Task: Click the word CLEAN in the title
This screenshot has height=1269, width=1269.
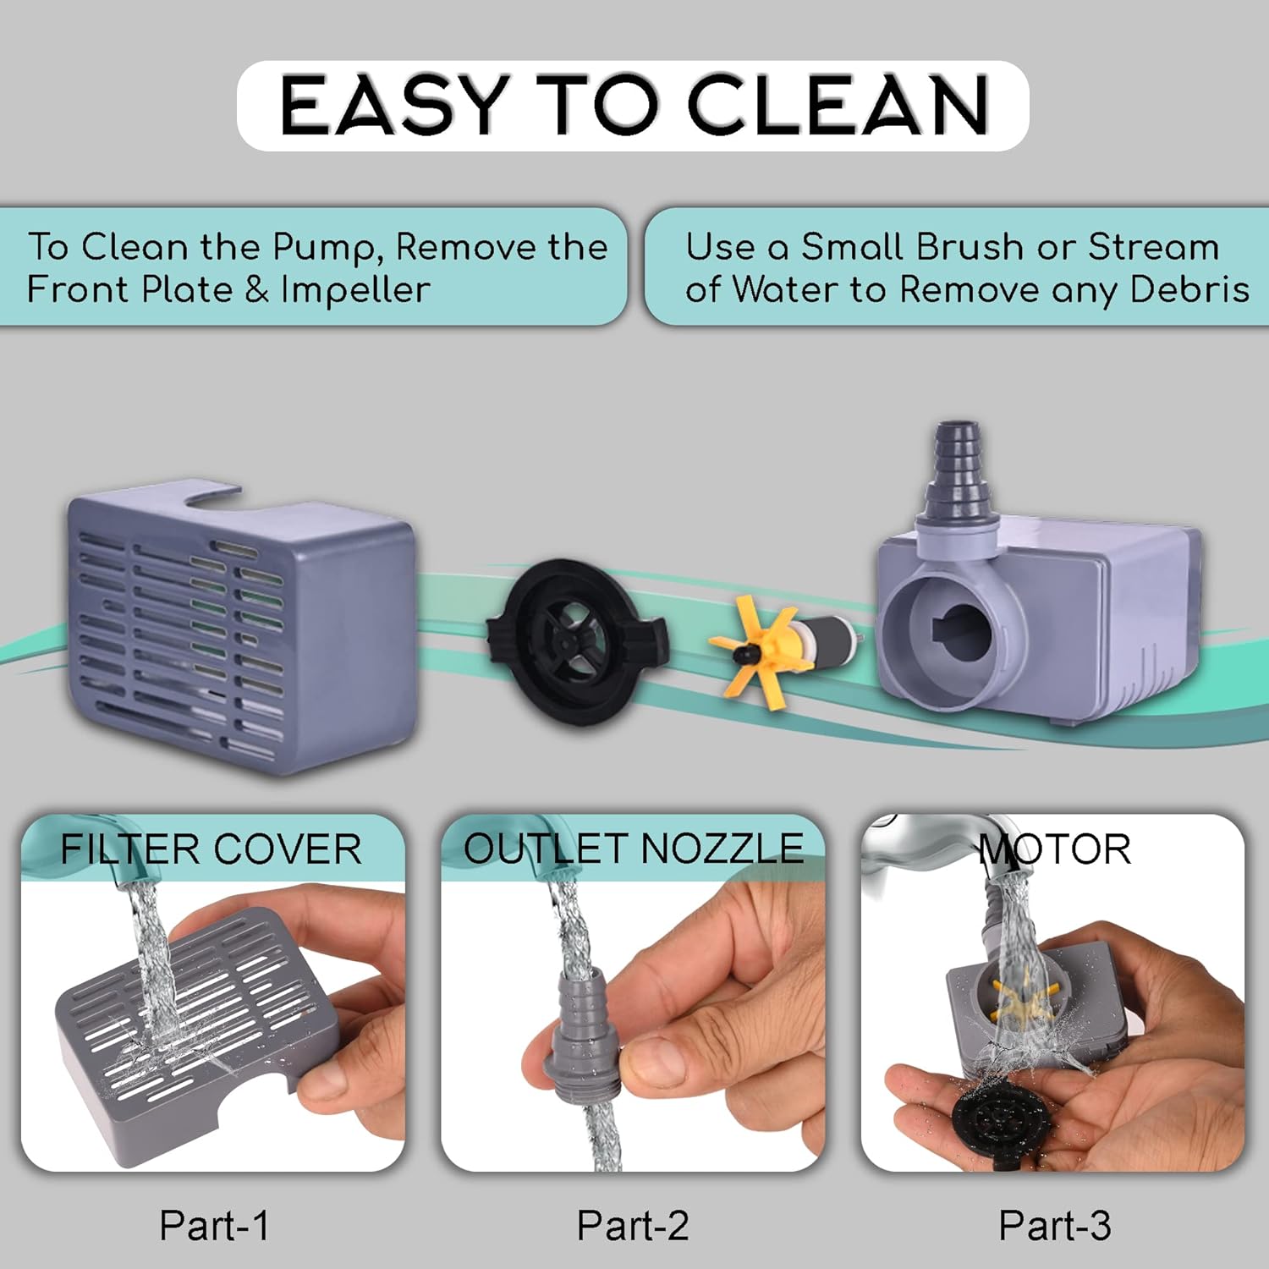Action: coord(838,105)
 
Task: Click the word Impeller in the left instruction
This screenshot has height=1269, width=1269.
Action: coord(355,290)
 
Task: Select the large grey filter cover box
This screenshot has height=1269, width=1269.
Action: coord(241,626)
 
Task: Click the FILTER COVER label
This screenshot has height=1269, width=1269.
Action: coord(211,849)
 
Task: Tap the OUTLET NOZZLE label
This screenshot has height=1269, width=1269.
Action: coord(634,849)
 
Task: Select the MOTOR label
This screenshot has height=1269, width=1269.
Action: coord(1054,849)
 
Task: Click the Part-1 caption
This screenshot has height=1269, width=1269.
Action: coord(215,1226)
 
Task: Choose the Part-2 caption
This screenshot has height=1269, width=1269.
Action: coord(633,1226)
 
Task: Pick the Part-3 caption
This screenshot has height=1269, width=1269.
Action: coord(1055,1226)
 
